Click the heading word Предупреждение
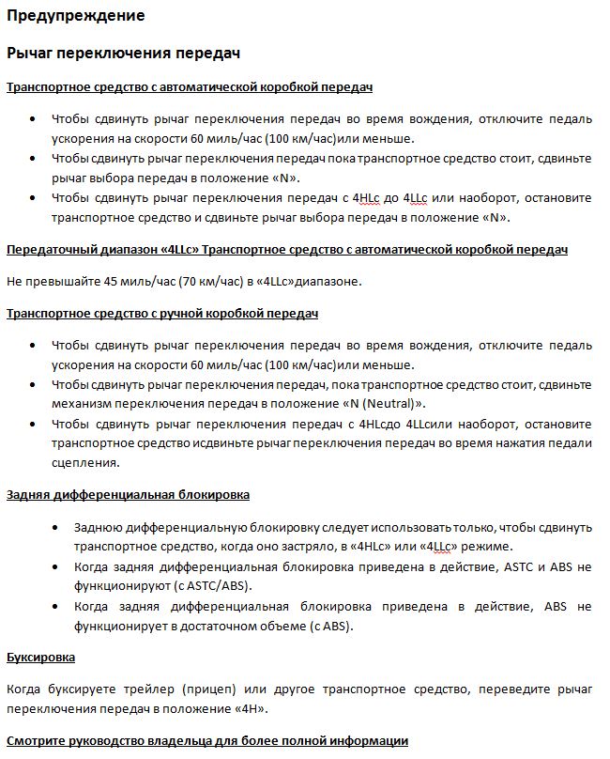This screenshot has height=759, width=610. [76, 16]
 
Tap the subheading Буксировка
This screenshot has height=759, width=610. [40, 657]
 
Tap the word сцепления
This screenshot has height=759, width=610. [85, 462]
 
